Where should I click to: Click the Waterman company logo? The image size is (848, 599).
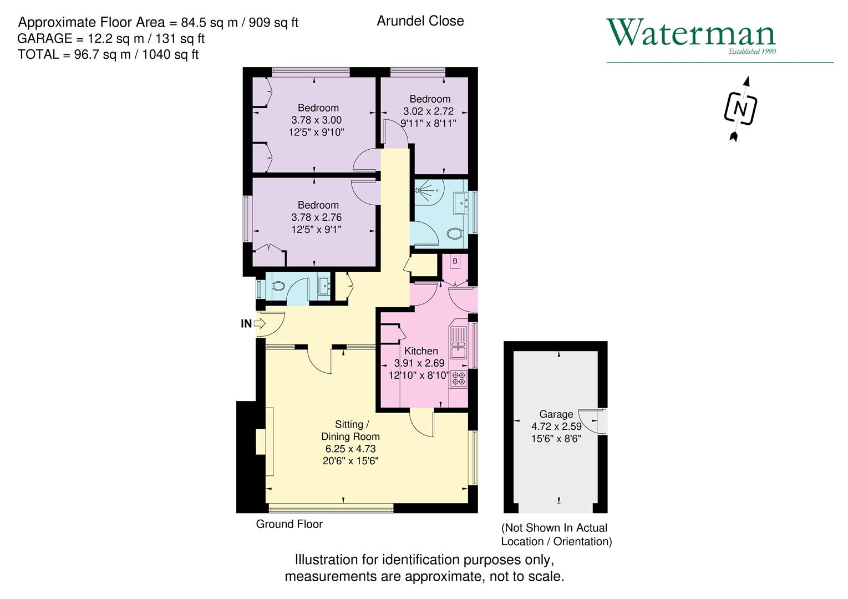point(691,35)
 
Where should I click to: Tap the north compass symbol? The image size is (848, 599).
point(740,108)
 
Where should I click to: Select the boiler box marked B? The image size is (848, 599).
point(455,261)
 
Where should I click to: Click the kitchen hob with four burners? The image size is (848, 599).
point(459,378)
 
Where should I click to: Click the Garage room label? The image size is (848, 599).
point(556,414)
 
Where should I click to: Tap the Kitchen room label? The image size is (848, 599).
point(421,351)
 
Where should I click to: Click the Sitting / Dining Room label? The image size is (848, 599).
point(351,430)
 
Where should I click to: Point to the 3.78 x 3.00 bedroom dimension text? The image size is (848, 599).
point(316,120)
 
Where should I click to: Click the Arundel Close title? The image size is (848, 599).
point(420,21)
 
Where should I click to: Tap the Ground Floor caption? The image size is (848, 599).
point(289,524)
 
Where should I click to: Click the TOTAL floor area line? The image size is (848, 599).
point(108,54)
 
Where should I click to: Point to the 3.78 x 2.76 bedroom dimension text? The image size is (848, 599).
point(316,217)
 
